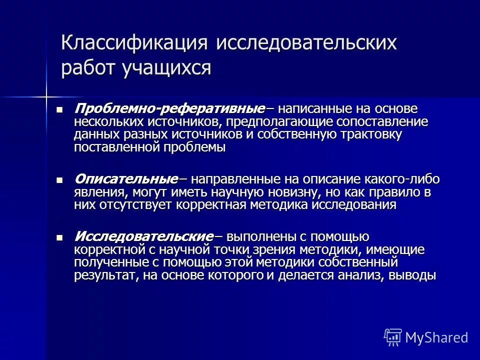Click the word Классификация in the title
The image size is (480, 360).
[x=134, y=43]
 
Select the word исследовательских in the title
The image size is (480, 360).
[x=306, y=43]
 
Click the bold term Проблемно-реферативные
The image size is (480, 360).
[x=169, y=109]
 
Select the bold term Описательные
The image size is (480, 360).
[x=126, y=179]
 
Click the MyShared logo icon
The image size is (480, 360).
[x=393, y=337]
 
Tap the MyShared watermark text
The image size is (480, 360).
[x=436, y=338]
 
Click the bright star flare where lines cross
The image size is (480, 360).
[x=46, y=94]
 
